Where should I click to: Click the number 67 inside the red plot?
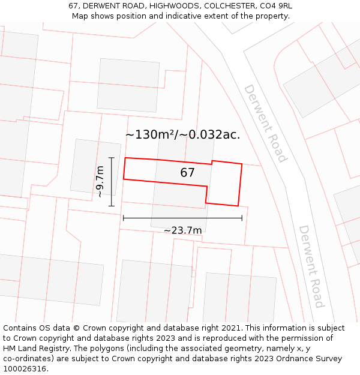[x=188, y=173]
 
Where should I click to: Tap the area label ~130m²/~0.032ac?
[x=182, y=134]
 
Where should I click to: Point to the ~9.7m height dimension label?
[x=100, y=182]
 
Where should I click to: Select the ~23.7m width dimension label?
[x=183, y=230]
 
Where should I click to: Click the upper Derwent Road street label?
[x=265, y=123]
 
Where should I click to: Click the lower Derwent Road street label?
[x=311, y=266]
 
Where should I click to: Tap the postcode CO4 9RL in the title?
[x=274, y=5]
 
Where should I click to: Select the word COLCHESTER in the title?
[x=227, y=5]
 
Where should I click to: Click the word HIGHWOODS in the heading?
[x=172, y=5]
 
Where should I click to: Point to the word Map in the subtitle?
[x=81, y=16]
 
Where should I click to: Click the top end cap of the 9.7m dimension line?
[x=111, y=158]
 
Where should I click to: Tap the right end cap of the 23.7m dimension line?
[x=242, y=218]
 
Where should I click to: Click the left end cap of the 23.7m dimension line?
[x=124, y=218]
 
